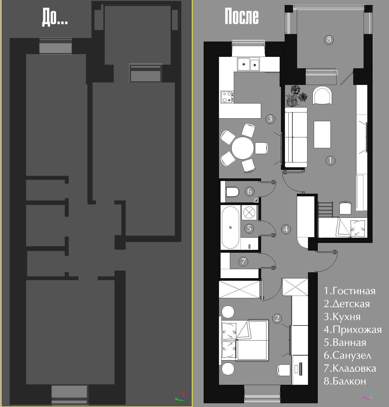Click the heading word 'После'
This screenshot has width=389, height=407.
coord(242,16)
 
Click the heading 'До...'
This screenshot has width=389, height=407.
coord(55,17)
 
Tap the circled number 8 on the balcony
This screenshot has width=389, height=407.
coord(329,40)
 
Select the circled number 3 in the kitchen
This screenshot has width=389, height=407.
coord(270,119)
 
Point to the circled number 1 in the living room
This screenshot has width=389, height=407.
coord(330,160)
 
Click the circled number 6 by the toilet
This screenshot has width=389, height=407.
coord(249,191)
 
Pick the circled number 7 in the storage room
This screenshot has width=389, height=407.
coord(243,261)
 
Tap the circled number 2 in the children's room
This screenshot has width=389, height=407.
coord(277,318)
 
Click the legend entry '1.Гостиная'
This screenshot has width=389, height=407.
coord(350,291)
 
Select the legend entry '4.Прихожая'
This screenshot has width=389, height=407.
coord(353,330)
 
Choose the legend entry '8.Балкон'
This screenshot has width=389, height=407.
coord(345,381)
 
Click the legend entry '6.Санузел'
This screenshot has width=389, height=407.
coord(347,356)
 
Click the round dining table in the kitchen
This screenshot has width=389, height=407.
coord(243,148)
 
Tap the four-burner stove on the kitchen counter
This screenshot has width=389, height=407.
coord(227,97)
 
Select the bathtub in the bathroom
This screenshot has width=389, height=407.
coord(230,228)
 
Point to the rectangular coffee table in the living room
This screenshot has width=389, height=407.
coord(322,134)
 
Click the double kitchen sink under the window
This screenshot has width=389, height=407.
coord(248,64)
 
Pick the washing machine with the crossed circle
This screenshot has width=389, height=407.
coord(249,212)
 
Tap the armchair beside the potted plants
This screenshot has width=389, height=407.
coord(322,96)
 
